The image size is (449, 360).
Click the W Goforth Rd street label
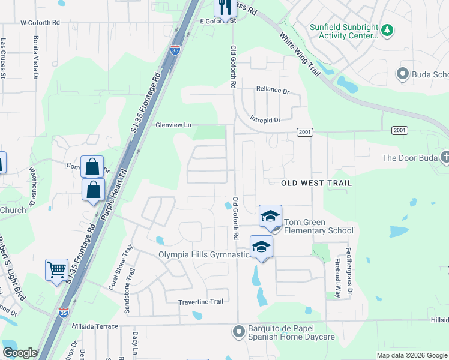coord(40,22)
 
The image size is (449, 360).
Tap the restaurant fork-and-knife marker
coord(223,7)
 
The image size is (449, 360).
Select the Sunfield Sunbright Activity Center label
coord(343,31)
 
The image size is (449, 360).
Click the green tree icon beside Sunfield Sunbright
coord(387,29)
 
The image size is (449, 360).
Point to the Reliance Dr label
coord(273,89)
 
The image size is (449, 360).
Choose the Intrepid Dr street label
coord(265,120)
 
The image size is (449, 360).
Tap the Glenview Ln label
coord(173,125)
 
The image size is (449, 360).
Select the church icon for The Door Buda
coord(445,158)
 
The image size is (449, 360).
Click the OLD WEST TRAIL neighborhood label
coord(316,182)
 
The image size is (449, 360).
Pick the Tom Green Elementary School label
coord(318,226)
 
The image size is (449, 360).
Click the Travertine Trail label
coord(200,301)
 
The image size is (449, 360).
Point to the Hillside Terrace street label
coord(95,325)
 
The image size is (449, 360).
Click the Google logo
coord(19,353)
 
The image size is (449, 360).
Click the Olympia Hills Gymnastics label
coord(203,254)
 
